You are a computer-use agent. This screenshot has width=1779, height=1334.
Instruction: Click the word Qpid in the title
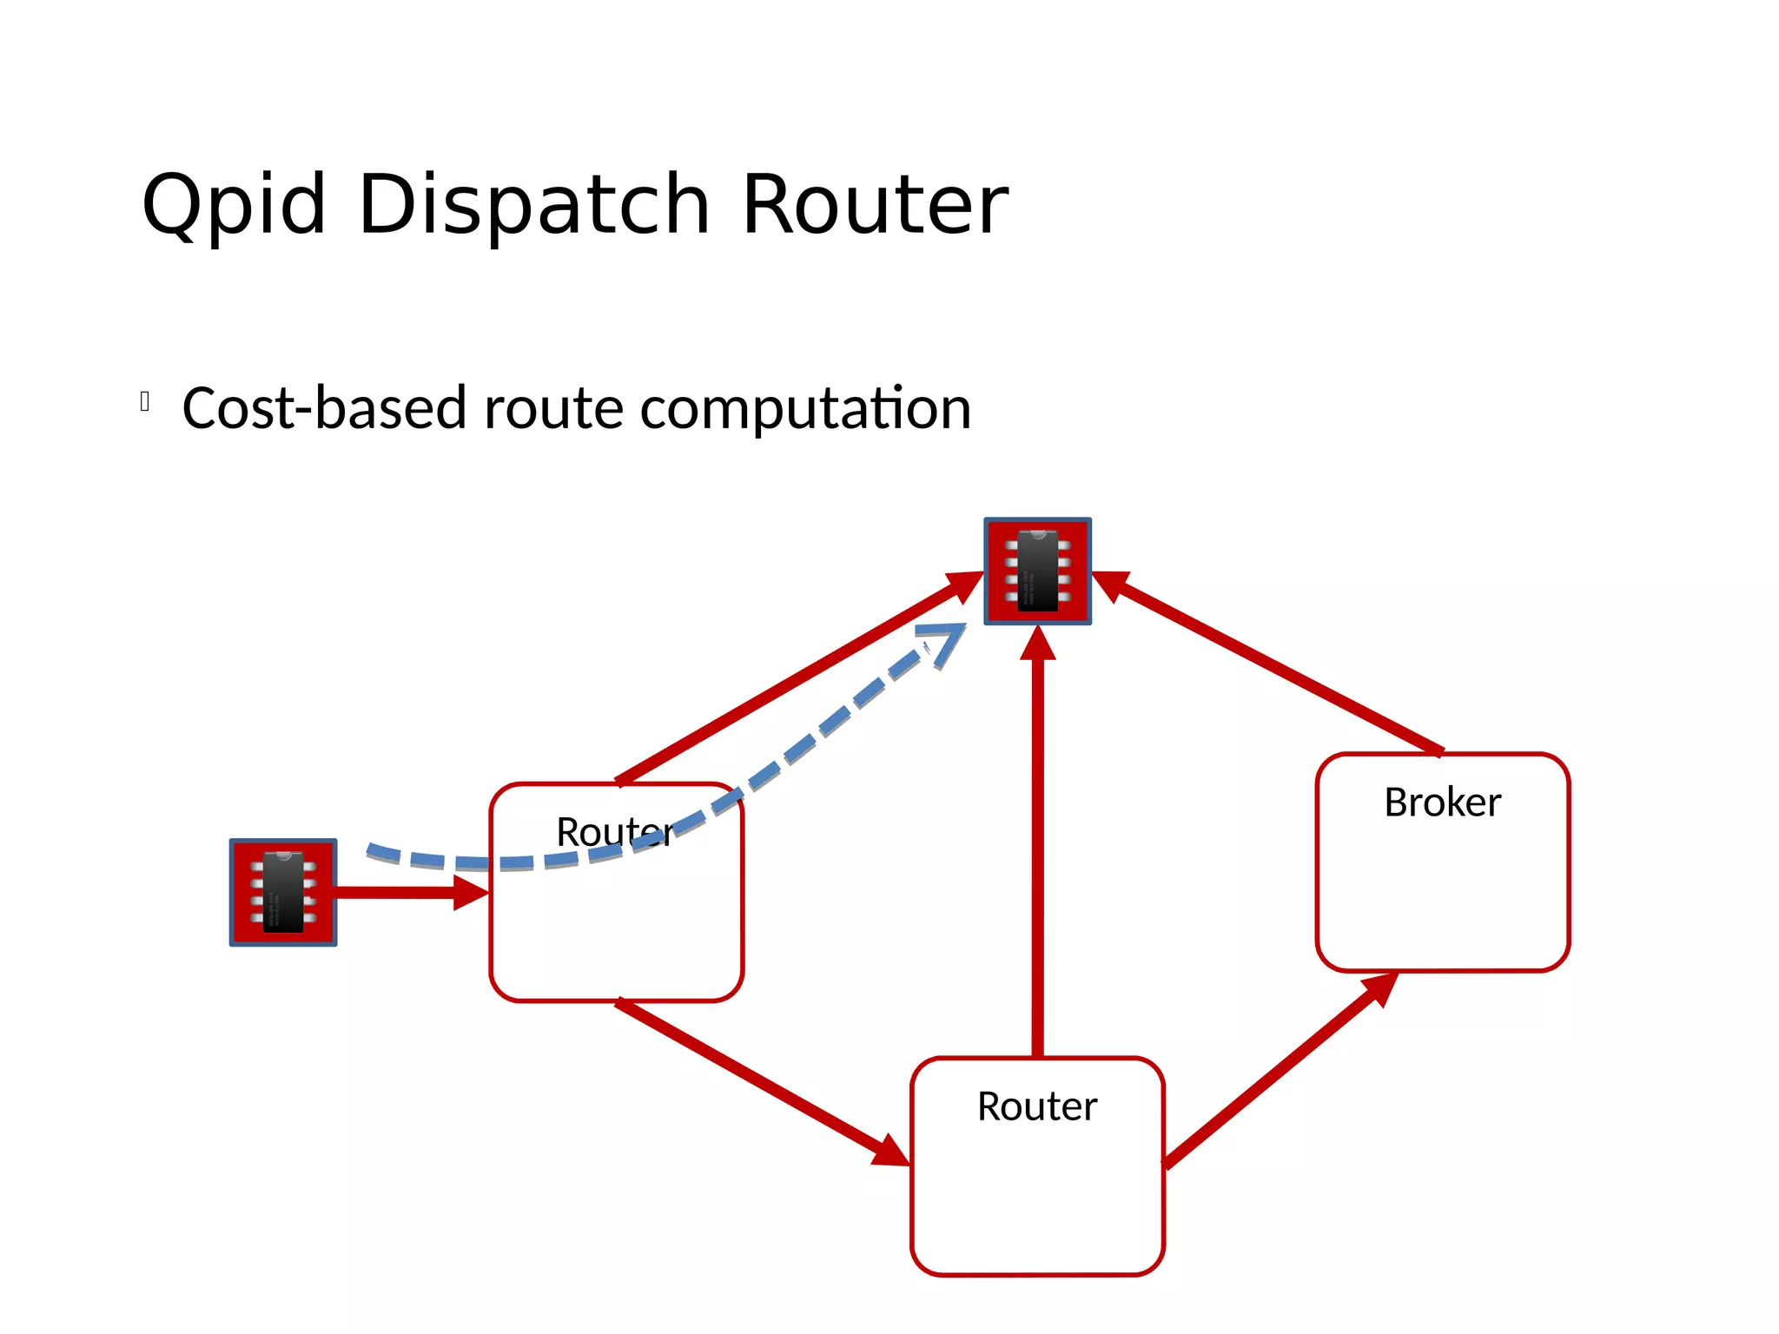(233, 205)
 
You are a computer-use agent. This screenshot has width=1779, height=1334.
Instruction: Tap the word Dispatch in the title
(533, 205)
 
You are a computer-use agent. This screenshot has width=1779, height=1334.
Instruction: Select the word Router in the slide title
(875, 205)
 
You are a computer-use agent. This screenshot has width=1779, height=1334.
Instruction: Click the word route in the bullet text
(553, 408)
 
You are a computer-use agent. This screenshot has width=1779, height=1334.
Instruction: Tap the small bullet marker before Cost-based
(145, 401)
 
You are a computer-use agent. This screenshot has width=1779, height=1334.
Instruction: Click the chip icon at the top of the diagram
(1037, 571)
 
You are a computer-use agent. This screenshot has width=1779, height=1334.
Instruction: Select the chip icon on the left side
(282, 892)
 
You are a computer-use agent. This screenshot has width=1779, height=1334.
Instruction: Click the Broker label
(1442, 802)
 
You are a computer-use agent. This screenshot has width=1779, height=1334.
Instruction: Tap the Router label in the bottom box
(1037, 1106)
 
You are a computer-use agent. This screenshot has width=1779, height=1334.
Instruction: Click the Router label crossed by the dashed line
(613, 832)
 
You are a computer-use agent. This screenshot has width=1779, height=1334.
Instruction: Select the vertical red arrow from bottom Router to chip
(1037, 851)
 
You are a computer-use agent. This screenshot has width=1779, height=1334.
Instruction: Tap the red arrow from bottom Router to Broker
(1277, 1073)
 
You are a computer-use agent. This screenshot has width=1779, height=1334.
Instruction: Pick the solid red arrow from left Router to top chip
(799, 677)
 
